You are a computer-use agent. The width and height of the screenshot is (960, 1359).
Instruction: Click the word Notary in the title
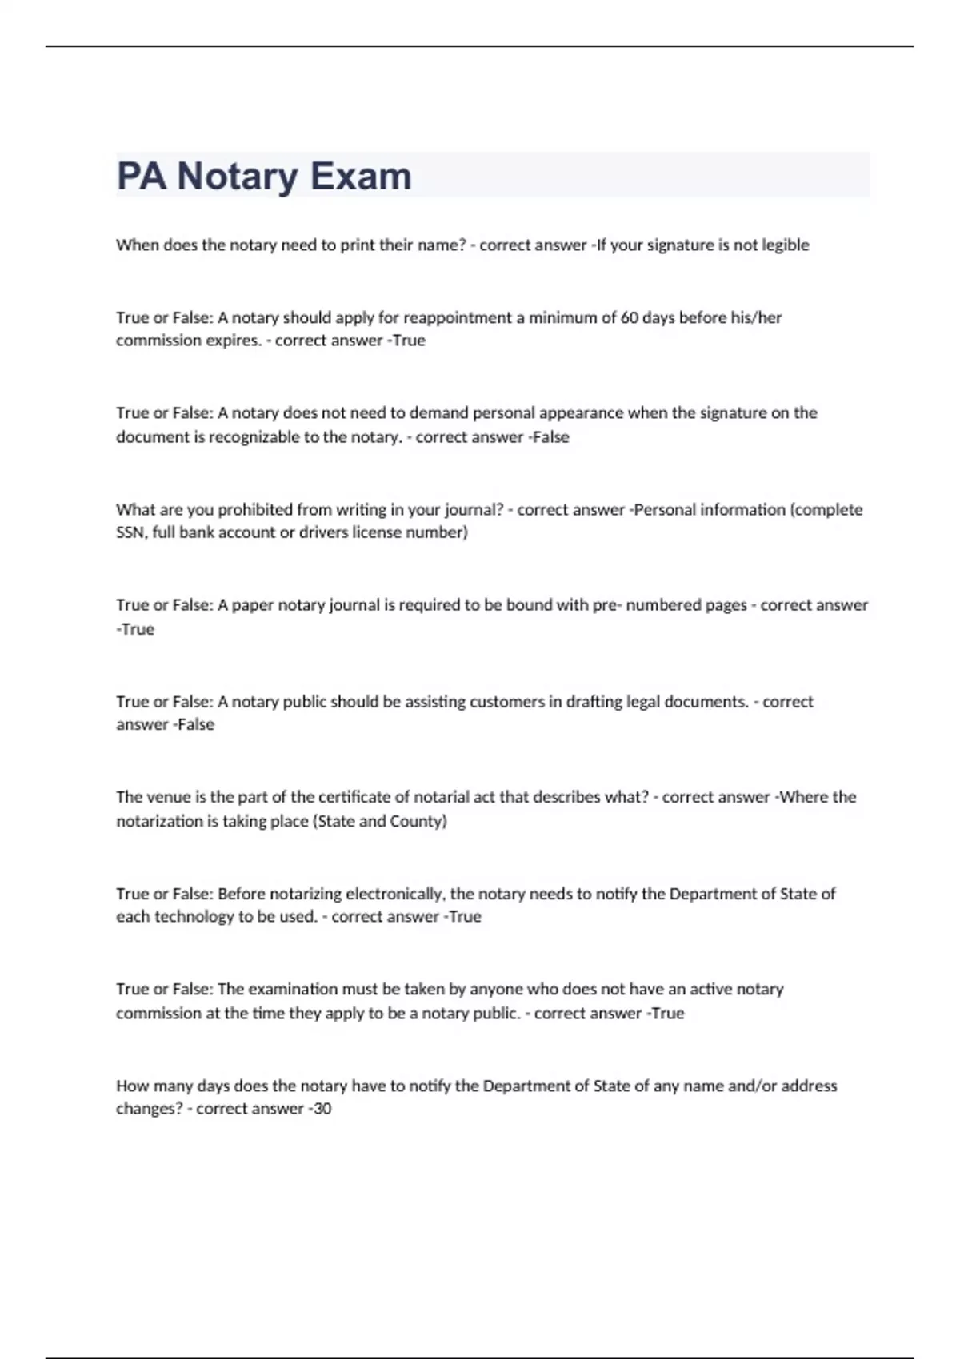point(238,176)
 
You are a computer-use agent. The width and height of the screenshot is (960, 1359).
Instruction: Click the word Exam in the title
point(361,176)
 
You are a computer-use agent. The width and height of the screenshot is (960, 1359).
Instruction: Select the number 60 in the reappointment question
point(630,317)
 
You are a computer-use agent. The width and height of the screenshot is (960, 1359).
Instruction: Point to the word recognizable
point(254,436)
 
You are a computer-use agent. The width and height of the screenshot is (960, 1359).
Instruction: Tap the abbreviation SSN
point(130,532)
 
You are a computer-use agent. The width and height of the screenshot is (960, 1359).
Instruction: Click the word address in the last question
point(809,1086)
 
